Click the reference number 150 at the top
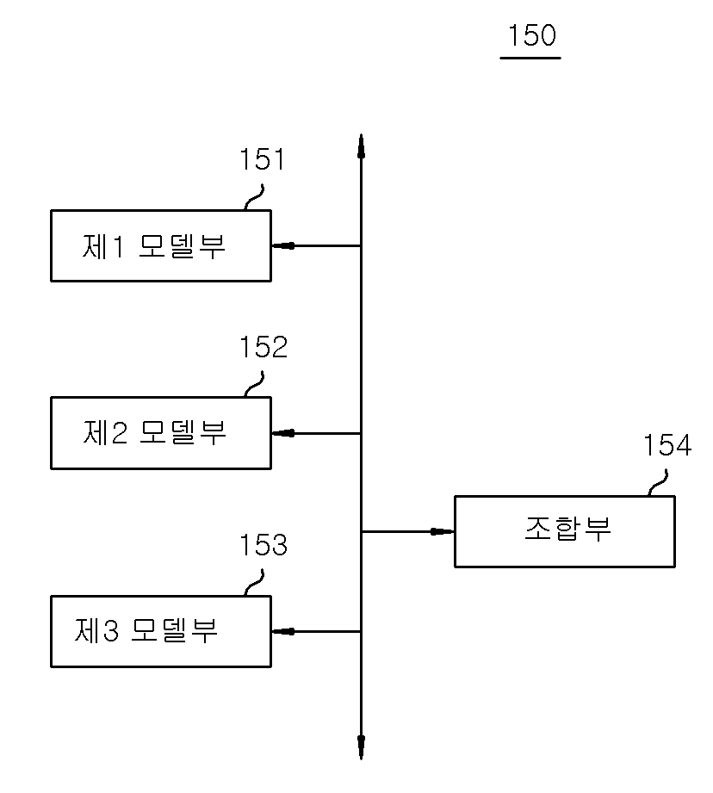pyautogui.click(x=531, y=35)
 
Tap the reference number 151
pyautogui.click(x=262, y=159)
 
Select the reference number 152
pyautogui.click(x=263, y=347)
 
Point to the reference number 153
pyautogui.click(x=263, y=545)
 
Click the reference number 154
pyautogui.click(x=667, y=445)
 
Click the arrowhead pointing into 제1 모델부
pyautogui.click(x=283, y=245)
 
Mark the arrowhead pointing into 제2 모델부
pyautogui.click(x=283, y=433)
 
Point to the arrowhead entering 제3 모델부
pyautogui.click(x=283, y=632)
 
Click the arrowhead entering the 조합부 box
pyautogui.click(x=443, y=531)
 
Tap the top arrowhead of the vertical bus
pyautogui.click(x=361, y=146)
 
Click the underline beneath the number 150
pyautogui.click(x=530, y=59)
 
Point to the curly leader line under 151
pyautogui.click(x=254, y=197)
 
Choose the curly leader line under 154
pyautogui.click(x=659, y=482)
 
